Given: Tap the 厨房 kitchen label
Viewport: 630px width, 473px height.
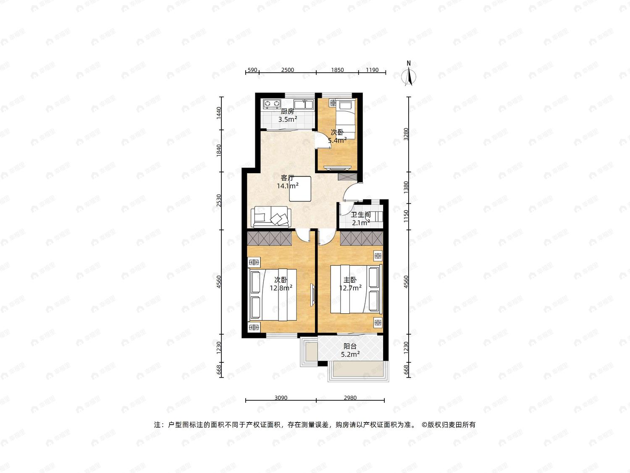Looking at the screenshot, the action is pyautogui.click(x=287, y=111).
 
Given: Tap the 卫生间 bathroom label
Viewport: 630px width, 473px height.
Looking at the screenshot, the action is pyautogui.click(x=361, y=214).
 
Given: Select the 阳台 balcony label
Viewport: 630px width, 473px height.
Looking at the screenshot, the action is pyautogui.click(x=350, y=346).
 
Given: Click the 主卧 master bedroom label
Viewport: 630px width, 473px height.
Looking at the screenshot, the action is pyautogui.click(x=350, y=280).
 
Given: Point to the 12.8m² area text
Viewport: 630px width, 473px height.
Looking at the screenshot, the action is pyautogui.click(x=281, y=288).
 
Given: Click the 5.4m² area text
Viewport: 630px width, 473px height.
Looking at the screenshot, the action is pyautogui.click(x=338, y=140).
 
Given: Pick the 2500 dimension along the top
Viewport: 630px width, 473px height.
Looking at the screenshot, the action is pyautogui.click(x=287, y=70).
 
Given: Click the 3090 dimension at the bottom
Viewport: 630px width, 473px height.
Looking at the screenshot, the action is pyautogui.click(x=281, y=398).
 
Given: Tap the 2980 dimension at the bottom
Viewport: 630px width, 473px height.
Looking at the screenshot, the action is pyautogui.click(x=350, y=398).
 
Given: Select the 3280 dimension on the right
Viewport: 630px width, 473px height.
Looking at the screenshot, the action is pyautogui.click(x=406, y=134).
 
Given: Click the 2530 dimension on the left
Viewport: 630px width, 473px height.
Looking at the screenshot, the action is pyautogui.click(x=219, y=201).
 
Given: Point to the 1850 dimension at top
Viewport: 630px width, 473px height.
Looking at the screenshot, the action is pyautogui.click(x=337, y=70).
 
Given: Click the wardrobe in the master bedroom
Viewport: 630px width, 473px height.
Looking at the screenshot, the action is pyautogui.click(x=362, y=238).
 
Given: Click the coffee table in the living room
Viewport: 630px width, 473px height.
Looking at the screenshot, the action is pyautogui.click(x=300, y=189).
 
